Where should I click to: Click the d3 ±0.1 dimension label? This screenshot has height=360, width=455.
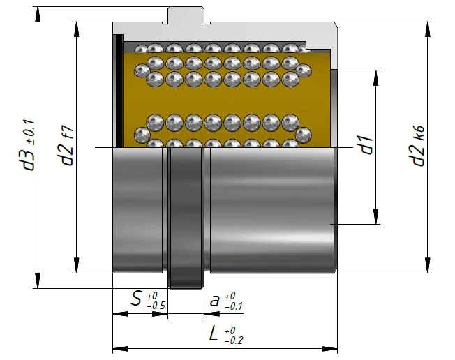click(x=29, y=145)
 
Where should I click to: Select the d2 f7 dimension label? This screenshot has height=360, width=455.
click(x=66, y=146)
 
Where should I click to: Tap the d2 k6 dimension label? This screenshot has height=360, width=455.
click(x=418, y=146)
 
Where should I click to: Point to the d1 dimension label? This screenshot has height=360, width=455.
click(x=367, y=144)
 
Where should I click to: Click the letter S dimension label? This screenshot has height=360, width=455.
click(x=136, y=299)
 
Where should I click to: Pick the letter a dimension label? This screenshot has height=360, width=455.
click(x=214, y=301)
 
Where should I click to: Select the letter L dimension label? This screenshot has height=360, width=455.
click(x=214, y=333)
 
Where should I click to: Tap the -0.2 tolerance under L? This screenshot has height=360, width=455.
click(x=234, y=340)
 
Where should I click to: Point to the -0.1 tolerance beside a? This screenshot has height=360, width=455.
click(x=234, y=306)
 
